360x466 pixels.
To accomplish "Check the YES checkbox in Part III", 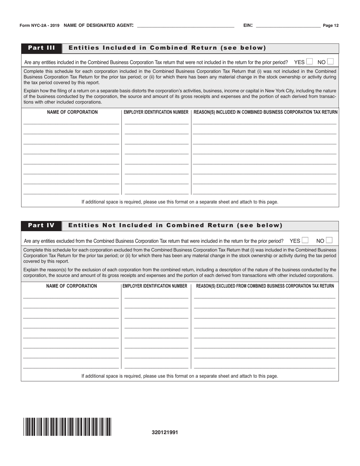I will [310, 61].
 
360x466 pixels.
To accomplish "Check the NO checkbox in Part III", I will [330, 61].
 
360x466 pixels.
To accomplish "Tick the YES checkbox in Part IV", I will [305, 240].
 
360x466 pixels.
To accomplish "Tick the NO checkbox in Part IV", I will [329, 240].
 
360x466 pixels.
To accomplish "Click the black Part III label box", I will [42, 48].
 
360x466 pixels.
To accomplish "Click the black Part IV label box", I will [41, 225].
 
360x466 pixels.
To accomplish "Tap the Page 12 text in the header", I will [330, 26].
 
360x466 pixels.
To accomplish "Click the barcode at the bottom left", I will [67, 427].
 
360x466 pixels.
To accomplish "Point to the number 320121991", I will [165, 432].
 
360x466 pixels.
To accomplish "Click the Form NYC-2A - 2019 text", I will [39, 26].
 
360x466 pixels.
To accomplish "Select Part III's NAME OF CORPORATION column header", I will [72, 112].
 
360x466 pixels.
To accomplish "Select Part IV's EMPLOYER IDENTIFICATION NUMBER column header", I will [155, 286].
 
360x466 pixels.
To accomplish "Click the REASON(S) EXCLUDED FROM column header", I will [265, 286].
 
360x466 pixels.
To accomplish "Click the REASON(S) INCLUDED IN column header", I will [265, 112].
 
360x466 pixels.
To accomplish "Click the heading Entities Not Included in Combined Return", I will [175, 225].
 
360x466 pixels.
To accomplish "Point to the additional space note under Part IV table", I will [180, 376].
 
